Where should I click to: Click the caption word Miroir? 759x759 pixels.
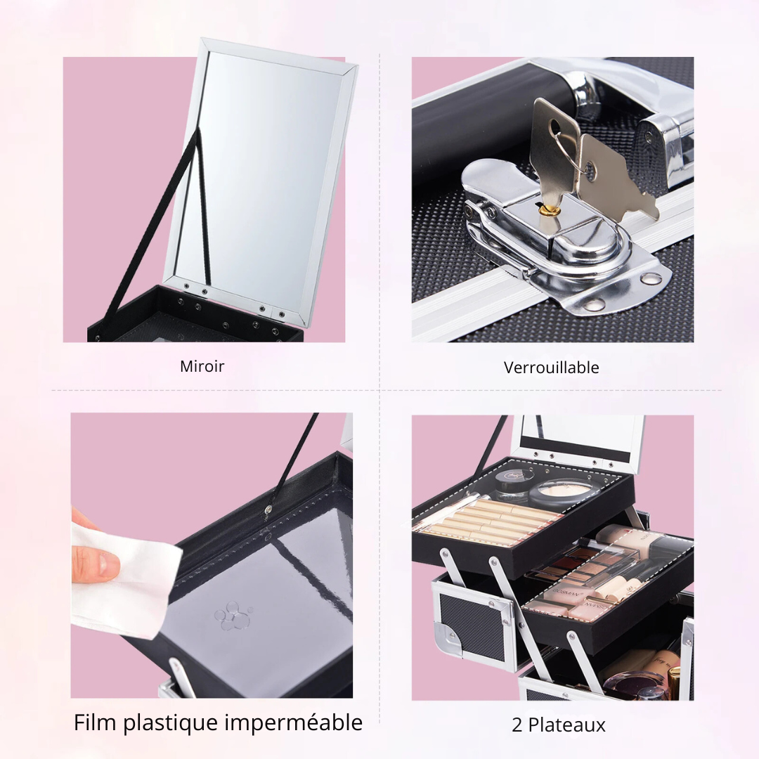click(x=202, y=366)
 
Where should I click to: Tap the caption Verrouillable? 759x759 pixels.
click(x=552, y=368)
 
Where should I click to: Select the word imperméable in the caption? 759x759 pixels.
click(x=293, y=723)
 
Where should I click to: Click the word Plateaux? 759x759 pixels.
click(x=566, y=725)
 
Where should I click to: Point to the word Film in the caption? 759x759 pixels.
click(x=96, y=722)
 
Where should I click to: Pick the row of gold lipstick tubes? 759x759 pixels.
click(x=489, y=520)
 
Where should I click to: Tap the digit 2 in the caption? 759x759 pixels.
click(x=517, y=725)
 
